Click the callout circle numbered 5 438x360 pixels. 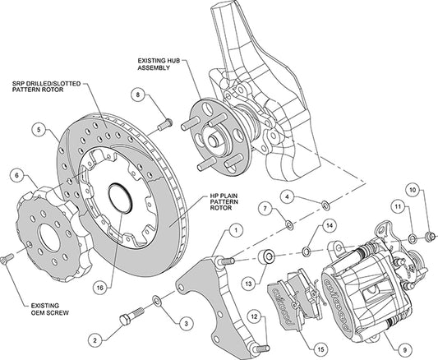tap(37, 128)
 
